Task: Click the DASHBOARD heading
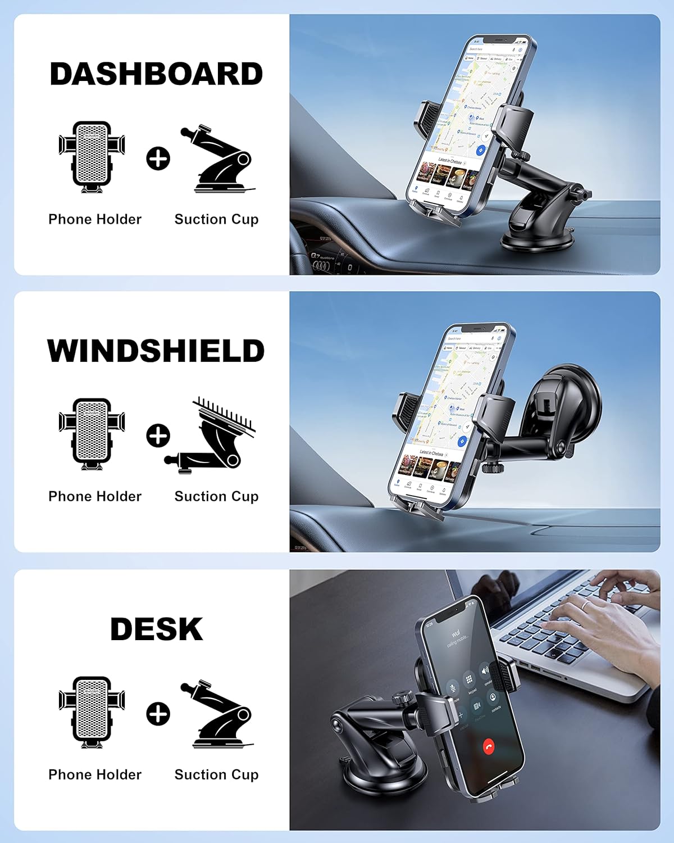[x=156, y=74]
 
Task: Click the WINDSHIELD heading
[x=156, y=351]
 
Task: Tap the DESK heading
[x=156, y=629]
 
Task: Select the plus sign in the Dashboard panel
[x=158, y=158]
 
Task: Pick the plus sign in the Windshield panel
[x=158, y=436]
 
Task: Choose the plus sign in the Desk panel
[x=158, y=713]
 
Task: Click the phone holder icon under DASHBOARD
[x=92, y=157]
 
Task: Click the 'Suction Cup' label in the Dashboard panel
[x=216, y=219]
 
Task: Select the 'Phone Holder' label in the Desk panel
[x=95, y=774]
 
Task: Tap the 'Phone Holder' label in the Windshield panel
[x=95, y=496]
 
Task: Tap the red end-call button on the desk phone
[x=489, y=746]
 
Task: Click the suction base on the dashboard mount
[x=538, y=239]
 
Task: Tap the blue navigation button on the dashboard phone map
[x=480, y=150]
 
